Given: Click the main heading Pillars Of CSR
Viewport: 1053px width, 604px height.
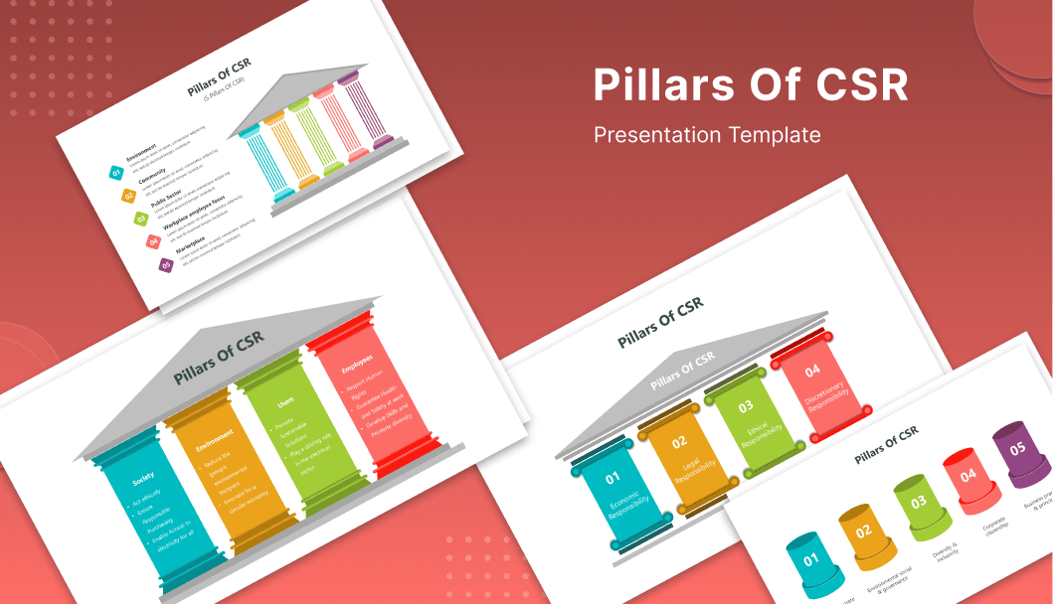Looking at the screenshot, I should [x=751, y=85].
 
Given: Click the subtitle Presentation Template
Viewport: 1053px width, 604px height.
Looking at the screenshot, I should [x=707, y=134].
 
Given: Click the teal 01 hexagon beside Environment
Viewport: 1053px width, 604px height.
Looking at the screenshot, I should [x=116, y=173].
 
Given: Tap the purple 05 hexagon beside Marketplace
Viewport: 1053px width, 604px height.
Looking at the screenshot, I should [x=166, y=264].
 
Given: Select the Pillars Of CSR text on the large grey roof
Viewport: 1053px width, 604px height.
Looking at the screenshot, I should [x=219, y=357].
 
